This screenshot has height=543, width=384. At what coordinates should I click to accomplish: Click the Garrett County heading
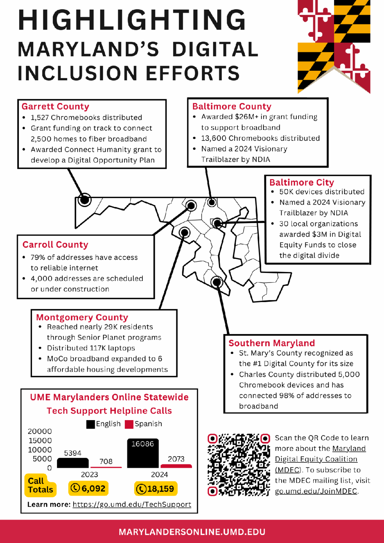(x=55, y=107)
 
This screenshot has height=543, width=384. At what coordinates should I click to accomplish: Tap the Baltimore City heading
(x=301, y=182)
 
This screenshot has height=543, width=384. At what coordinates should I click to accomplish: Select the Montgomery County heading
(x=82, y=317)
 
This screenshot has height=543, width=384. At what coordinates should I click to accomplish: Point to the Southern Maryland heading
(x=271, y=343)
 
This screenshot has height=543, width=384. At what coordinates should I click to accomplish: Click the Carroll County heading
(x=55, y=245)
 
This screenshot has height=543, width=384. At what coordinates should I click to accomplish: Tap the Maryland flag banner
(x=334, y=45)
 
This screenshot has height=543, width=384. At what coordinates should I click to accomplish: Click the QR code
(x=239, y=465)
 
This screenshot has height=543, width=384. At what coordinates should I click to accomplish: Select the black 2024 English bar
(x=143, y=453)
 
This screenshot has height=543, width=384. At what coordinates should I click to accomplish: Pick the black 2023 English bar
(x=73, y=463)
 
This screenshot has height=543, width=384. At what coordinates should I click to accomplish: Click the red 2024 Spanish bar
(x=176, y=466)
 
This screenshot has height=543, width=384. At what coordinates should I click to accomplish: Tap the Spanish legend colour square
(x=129, y=424)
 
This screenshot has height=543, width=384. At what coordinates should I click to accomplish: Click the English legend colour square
(x=91, y=424)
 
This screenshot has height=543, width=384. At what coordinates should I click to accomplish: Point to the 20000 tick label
(x=40, y=431)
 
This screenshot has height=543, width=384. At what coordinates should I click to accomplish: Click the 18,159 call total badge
(x=156, y=489)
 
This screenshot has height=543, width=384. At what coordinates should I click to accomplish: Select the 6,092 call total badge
(x=88, y=488)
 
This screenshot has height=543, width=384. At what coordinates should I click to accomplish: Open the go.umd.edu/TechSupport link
(x=132, y=505)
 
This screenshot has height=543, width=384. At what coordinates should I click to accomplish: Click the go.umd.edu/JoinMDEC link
(x=316, y=491)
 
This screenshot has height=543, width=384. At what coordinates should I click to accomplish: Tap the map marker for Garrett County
(x=84, y=200)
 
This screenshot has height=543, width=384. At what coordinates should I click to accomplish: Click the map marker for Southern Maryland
(x=217, y=282)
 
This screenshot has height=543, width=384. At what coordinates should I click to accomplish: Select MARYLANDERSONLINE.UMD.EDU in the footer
(x=192, y=532)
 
